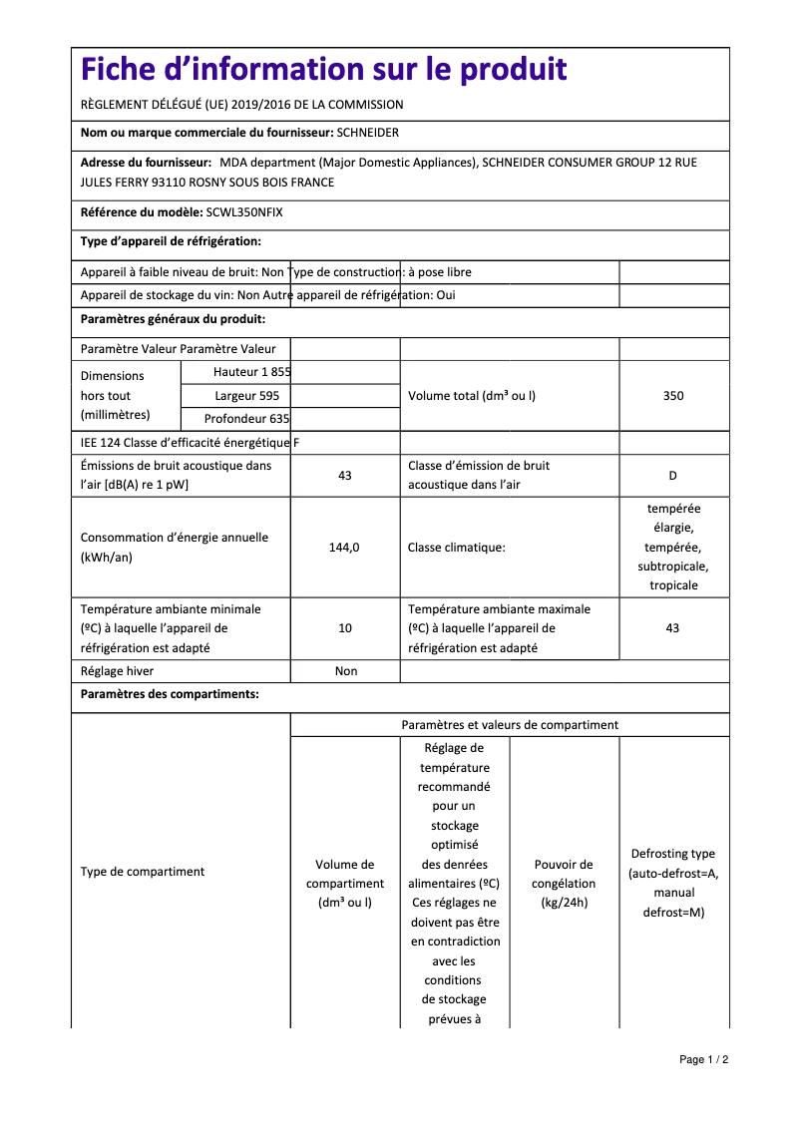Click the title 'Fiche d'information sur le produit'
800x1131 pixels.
(324, 70)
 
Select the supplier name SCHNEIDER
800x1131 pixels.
(368, 133)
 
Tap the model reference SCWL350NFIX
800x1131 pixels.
(244, 211)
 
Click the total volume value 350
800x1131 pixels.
(673, 396)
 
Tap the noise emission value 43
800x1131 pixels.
(345, 476)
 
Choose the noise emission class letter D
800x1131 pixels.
(673, 476)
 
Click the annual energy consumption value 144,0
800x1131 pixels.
(344, 548)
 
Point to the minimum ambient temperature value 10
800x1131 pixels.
(345, 628)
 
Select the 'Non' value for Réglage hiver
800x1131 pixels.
(345, 671)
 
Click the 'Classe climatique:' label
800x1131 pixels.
(456, 548)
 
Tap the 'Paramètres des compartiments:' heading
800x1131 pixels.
(170, 694)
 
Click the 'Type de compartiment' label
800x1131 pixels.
(143, 872)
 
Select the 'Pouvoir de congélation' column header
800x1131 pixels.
(564, 884)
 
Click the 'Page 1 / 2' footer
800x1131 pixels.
(704, 1059)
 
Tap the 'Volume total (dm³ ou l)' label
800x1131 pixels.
(472, 396)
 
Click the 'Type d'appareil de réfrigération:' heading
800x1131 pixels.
(171, 241)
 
